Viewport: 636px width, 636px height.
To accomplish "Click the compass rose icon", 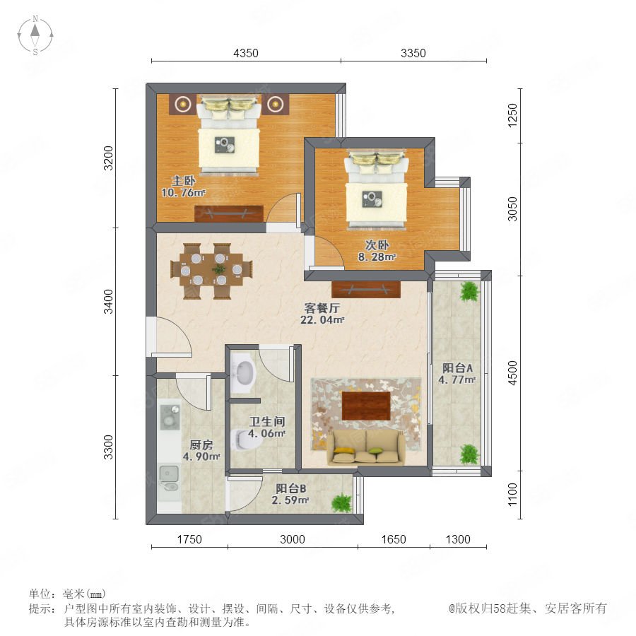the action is pyautogui.click(x=35, y=35).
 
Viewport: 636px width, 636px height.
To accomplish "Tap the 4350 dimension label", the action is pyautogui.click(x=246, y=53).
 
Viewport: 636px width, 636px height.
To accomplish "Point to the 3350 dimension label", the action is pyautogui.click(x=413, y=53).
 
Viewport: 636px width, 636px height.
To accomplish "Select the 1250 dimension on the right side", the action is pyautogui.click(x=513, y=115).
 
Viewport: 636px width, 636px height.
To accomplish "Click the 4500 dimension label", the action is pyautogui.click(x=513, y=372).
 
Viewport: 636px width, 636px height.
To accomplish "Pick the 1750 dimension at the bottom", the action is pyautogui.click(x=189, y=539).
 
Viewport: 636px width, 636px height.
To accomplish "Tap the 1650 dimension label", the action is pyautogui.click(x=394, y=539).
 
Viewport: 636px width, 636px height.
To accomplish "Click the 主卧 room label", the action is pyautogui.click(x=183, y=181).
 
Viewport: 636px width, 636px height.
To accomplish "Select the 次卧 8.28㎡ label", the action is pyautogui.click(x=377, y=251).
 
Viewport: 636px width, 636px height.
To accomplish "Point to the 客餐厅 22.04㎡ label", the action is pyautogui.click(x=322, y=314).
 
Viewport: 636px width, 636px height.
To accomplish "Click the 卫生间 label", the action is pyautogui.click(x=267, y=421).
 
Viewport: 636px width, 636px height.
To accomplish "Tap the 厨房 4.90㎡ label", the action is pyautogui.click(x=201, y=451).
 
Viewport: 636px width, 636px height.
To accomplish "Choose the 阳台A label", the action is pyautogui.click(x=457, y=368).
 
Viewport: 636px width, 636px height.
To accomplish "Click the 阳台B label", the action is pyautogui.click(x=291, y=489).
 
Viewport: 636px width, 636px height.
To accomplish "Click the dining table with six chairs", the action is pyautogui.click(x=211, y=271).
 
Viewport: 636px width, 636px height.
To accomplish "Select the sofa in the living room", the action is pyautogui.click(x=366, y=447).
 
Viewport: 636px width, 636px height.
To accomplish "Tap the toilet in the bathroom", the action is pyautogui.click(x=247, y=440).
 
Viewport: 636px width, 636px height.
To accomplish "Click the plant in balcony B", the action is pyautogui.click(x=341, y=503).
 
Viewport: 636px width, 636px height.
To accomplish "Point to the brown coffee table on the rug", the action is pyautogui.click(x=366, y=406).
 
